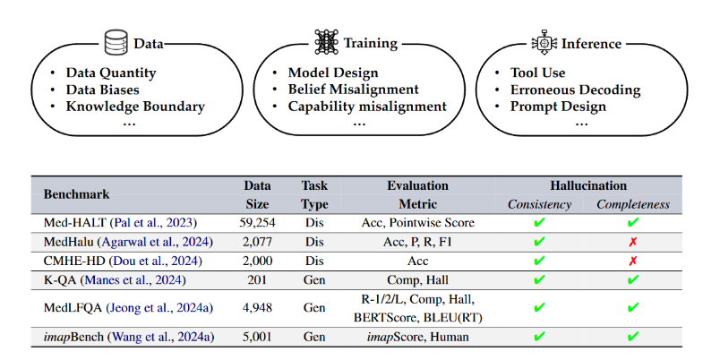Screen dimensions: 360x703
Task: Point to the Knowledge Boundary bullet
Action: [x=135, y=107]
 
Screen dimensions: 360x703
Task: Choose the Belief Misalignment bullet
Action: [x=353, y=90]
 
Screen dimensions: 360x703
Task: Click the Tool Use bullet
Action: [x=537, y=73]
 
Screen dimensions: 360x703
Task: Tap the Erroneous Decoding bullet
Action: [x=575, y=90]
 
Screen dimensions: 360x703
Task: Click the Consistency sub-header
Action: [x=539, y=204]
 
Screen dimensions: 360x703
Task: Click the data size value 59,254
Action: [x=258, y=222]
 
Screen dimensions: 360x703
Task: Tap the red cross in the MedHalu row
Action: [x=633, y=242]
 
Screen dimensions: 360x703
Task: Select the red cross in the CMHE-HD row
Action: [x=633, y=261]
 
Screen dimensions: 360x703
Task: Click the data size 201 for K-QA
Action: [x=258, y=279]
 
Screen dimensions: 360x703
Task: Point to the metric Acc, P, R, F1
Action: [x=418, y=242]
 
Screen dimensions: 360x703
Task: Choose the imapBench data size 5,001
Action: [x=258, y=337]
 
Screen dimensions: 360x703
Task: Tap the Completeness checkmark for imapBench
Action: [x=633, y=337]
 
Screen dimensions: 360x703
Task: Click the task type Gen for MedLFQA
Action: [x=314, y=308]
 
